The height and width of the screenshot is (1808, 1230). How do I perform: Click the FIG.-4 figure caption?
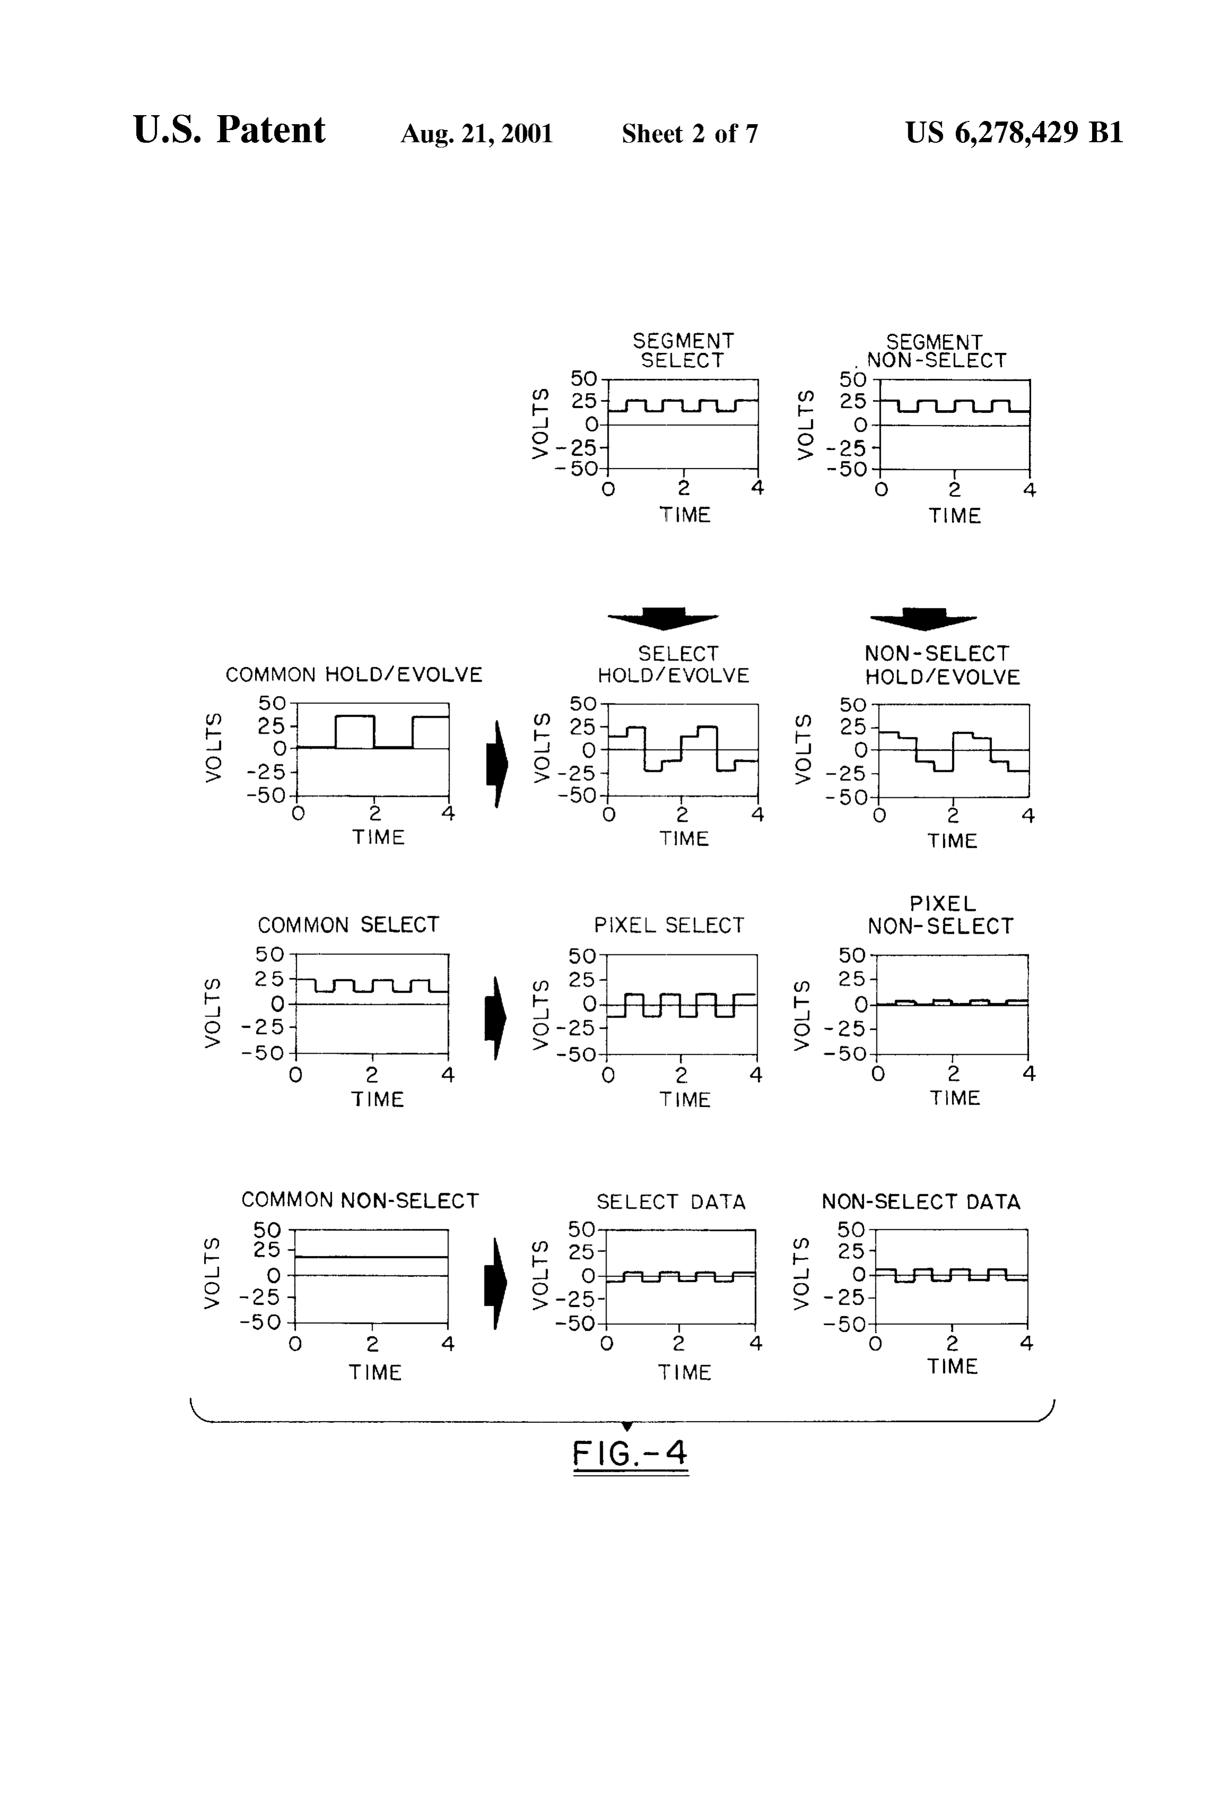[x=630, y=1453]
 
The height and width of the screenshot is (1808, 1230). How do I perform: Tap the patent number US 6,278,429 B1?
[x=1014, y=133]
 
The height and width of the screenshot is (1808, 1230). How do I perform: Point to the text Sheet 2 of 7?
[x=690, y=134]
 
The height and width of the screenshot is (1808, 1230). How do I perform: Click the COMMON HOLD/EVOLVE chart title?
[x=354, y=674]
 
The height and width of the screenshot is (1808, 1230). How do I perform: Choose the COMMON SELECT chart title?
[x=348, y=925]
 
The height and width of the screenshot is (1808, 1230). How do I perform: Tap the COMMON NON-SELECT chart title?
[x=360, y=1201]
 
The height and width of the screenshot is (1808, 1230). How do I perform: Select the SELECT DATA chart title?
[x=671, y=1202]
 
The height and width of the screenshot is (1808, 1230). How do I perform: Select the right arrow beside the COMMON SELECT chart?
[x=495, y=1019]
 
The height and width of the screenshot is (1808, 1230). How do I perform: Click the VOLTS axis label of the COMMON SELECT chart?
[x=212, y=1013]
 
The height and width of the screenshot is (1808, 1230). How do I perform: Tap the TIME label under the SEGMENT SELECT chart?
[x=685, y=515]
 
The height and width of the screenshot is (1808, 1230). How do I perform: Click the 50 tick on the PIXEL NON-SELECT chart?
[x=852, y=954]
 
